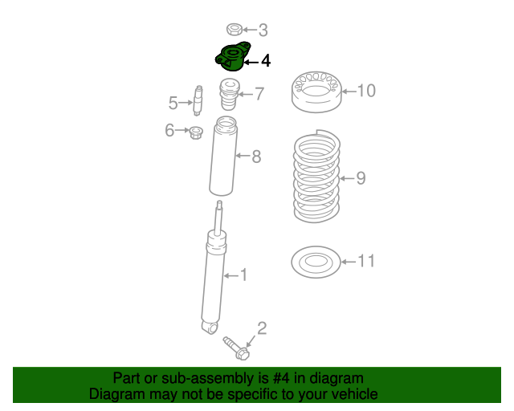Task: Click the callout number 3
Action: pyautogui.click(x=262, y=31)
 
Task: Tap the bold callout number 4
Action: pyautogui.click(x=265, y=60)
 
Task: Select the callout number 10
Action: pyautogui.click(x=365, y=91)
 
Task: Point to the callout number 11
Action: pyautogui.click(x=365, y=261)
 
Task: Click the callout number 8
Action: pyautogui.click(x=256, y=157)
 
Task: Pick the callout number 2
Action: pyautogui.click(x=262, y=327)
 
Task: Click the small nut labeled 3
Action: pyautogui.click(x=235, y=31)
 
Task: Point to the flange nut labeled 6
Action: pyautogui.click(x=195, y=131)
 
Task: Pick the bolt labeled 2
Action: pyautogui.click(x=236, y=348)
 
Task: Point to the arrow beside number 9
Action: pyautogui.click(x=345, y=178)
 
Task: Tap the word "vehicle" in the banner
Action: pyautogui.click(x=353, y=394)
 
